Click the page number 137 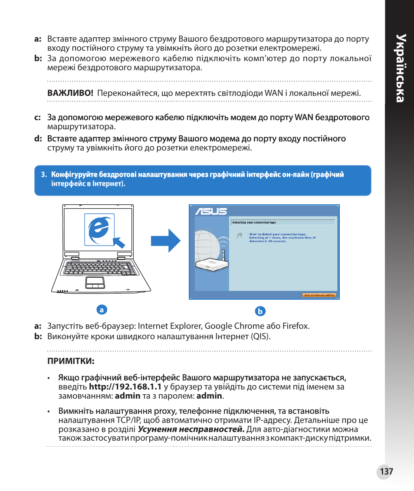[386, 471]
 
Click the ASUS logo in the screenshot [211, 212]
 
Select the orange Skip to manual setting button [319, 295]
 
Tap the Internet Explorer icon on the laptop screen [99, 229]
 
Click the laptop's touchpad [95, 282]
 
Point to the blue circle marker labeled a [101, 310]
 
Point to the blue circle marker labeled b [260, 311]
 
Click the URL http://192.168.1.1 [125, 386]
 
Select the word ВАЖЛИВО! [70, 93]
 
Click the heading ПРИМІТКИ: [71, 361]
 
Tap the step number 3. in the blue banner [44, 175]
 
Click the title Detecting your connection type [254, 223]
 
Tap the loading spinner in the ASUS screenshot [238, 236]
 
